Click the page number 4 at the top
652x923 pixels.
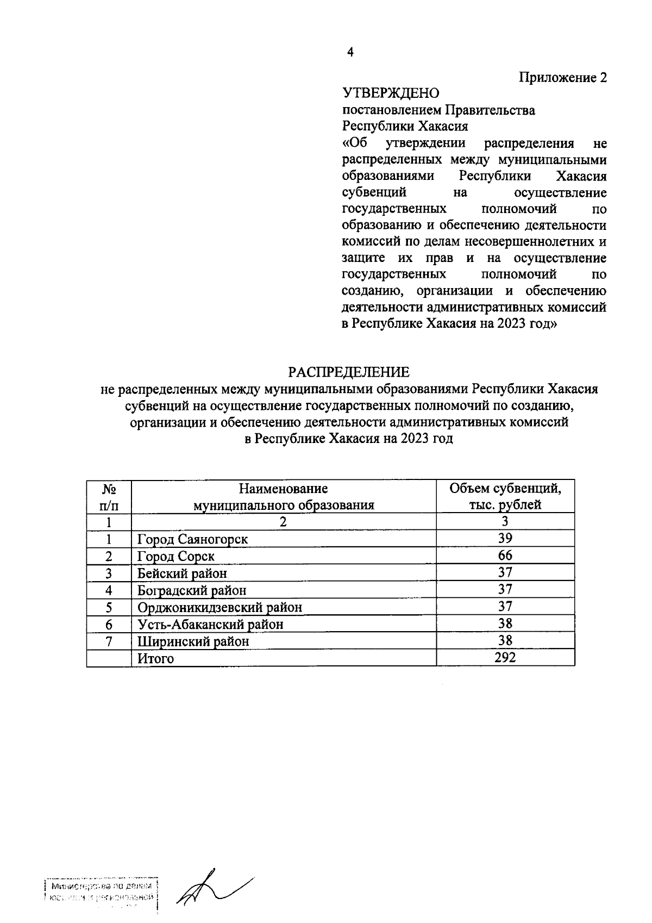pyautogui.click(x=350, y=53)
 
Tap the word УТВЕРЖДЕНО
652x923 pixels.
pyautogui.click(x=391, y=94)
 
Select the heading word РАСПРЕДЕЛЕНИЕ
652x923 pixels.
pyautogui.click(x=348, y=372)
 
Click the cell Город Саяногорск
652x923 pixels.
pyautogui.click(x=192, y=539)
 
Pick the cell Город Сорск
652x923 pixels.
pyautogui.click(x=175, y=556)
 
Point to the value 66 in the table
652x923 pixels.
pyautogui.click(x=505, y=556)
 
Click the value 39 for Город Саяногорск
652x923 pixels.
pyautogui.click(x=505, y=538)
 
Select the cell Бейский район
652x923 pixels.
pyautogui.click(x=181, y=573)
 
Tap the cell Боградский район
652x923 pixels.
pyautogui.click(x=191, y=590)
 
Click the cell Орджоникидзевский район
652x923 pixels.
pyautogui.click(x=220, y=607)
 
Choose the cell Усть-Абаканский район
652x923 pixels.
pyautogui.click(x=210, y=624)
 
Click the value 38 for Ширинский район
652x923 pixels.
pyautogui.click(x=505, y=640)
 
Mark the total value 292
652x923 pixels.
pyautogui.click(x=505, y=657)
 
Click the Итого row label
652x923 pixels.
pyautogui.click(x=155, y=658)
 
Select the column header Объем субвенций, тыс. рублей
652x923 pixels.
pyautogui.click(x=505, y=496)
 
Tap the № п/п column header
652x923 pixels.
pyautogui.click(x=109, y=496)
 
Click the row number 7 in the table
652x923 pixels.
pyautogui.click(x=109, y=641)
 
